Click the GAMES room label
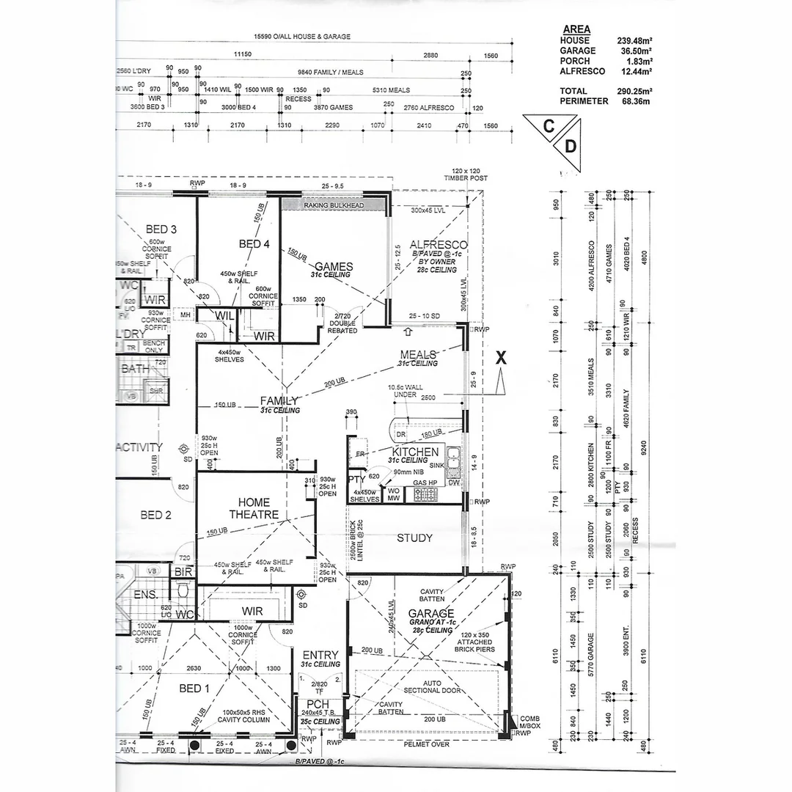coord(334,266)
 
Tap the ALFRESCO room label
coord(439,245)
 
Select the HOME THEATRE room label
coord(254,508)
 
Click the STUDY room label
coord(414,538)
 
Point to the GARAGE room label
coord(431,613)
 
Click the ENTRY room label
coord(320,655)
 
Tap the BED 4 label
coord(255,243)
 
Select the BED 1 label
coord(194,688)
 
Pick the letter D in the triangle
coord(570,147)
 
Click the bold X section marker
coord(502,358)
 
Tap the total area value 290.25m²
coord(634,91)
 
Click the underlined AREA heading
coord(576,29)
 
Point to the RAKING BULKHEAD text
coord(334,206)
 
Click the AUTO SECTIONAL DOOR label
coord(431,686)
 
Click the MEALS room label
coord(418,354)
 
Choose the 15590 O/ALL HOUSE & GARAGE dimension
coord(301,36)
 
